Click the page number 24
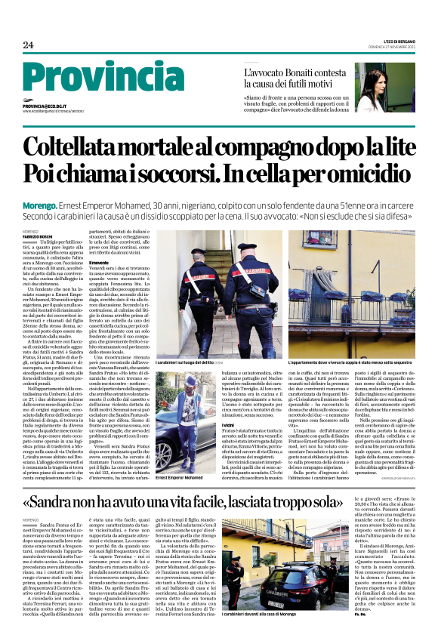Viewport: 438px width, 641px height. pyautogui.click(x=28, y=45)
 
